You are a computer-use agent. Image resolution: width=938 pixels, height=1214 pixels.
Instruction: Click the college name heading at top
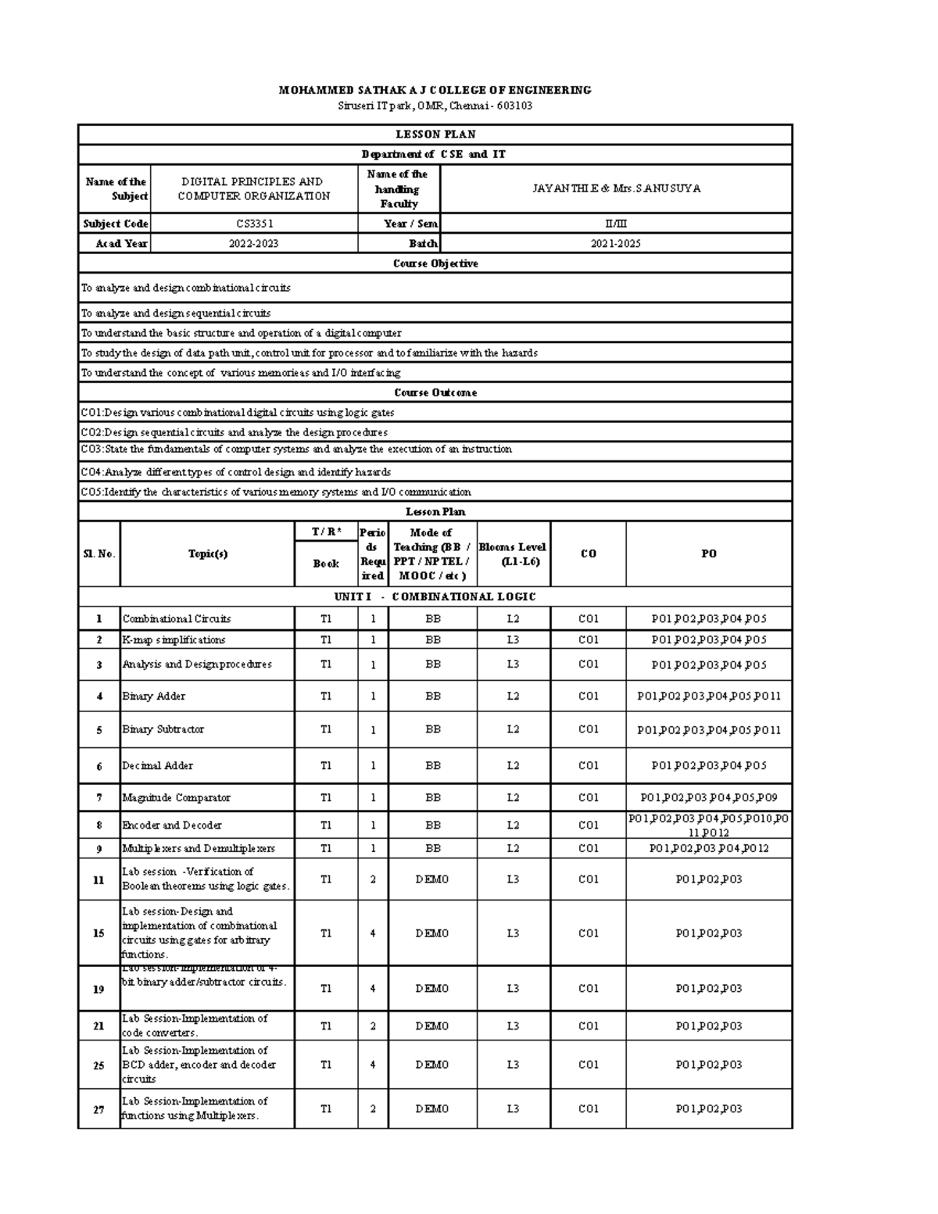pyautogui.click(x=435, y=90)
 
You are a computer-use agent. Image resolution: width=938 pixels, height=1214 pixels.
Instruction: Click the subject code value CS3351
pyautogui.click(x=254, y=224)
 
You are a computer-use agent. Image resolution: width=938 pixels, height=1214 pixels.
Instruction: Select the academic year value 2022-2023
pyautogui.click(x=254, y=244)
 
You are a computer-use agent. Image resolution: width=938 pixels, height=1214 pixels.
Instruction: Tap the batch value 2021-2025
pyautogui.click(x=616, y=244)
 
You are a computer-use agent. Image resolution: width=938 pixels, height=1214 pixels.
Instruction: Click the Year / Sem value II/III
pyautogui.click(x=616, y=224)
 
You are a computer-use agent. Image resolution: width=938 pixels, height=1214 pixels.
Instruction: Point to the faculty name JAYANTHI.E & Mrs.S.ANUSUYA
pyautogui.click(x=616, y=188)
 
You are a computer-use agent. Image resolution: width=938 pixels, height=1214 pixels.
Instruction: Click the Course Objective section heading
pyautogui.click(x=435, y=263)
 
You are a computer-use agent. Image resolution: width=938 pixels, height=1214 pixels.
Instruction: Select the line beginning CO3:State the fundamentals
pyautogui.click(x=297, y=449)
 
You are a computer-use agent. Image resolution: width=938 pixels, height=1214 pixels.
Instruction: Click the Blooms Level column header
pyautogui.click(x=513, y=553)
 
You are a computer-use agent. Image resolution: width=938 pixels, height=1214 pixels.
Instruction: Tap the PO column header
pyautogui.click(x=708, y=553)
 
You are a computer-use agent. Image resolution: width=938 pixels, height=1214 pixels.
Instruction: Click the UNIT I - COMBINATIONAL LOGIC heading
pyautogui.click(x=435, y=596)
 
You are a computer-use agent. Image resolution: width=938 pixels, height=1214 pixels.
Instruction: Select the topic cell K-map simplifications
pyautogui.click(x=174, y=639)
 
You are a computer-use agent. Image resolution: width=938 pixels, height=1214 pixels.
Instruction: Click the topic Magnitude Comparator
pyautogui.click(x=177, y=797)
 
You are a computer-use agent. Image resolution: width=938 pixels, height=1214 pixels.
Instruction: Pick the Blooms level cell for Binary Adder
pyautogui.click(x=513, y=696)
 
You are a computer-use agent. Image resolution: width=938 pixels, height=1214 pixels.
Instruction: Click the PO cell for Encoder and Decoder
pyautogui.click(x=708, y=825)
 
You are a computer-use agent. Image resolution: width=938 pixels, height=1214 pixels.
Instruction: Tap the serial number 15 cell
pyautogui.click(x=98, y=933)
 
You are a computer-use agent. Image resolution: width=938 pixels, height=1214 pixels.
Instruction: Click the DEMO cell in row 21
pyautogui.click(x=432, y=1026)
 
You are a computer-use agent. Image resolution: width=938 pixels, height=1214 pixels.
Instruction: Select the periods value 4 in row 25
pyautogui.click(x=373, y=1064)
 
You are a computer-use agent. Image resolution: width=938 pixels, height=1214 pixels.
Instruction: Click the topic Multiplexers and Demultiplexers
pyautogui.click(x=199, y=848)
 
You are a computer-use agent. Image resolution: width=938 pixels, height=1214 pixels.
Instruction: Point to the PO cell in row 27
pyautogui.click(x=708, y=1108)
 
